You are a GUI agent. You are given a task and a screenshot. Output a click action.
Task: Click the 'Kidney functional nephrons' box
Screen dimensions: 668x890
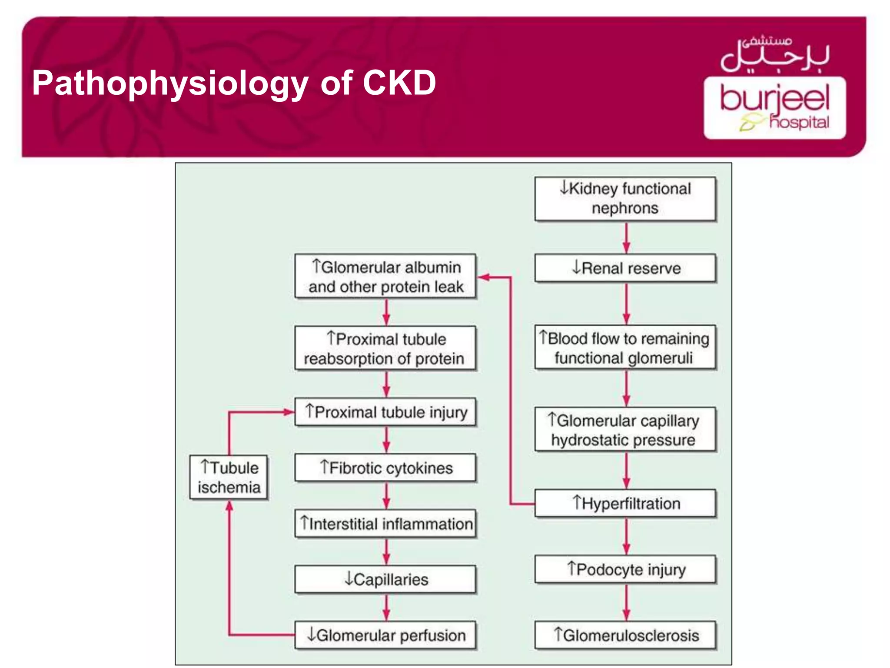coord(625,199)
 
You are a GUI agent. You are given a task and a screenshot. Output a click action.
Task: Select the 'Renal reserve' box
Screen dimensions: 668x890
coord(625,268)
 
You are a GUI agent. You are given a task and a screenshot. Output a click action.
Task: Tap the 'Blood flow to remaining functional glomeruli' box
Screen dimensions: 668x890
coord(625,347)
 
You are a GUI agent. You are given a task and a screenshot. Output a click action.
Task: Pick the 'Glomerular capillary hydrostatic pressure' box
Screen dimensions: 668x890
coord(625,430)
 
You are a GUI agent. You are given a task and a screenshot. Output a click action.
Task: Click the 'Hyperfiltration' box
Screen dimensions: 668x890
coord(625,503)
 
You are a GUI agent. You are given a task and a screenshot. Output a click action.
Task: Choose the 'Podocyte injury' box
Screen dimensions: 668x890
coord(625,569)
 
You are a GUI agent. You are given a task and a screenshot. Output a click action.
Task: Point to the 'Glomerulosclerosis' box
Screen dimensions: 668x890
coord(625,635)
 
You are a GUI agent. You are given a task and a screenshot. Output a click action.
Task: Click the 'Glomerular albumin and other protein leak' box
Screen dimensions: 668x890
coord(385,277)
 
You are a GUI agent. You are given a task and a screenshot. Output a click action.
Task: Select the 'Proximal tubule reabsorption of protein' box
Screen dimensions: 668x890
coord(385,348)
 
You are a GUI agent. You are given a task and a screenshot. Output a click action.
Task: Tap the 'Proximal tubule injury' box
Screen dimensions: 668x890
coord(385,411)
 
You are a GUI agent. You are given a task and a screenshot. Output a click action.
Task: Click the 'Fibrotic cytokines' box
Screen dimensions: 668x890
coord(385,468)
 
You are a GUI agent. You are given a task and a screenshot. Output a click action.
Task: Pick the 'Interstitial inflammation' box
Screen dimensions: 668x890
coord(385,524)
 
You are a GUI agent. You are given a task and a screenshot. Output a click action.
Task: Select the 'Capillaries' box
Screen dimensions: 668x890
coord(385,579)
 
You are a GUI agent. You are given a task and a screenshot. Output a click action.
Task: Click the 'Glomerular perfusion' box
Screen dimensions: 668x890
coord(385,635)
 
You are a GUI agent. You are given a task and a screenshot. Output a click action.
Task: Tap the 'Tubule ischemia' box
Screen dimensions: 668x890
coord(229,478)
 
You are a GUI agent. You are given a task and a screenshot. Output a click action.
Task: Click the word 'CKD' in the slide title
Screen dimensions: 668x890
coord(399,83)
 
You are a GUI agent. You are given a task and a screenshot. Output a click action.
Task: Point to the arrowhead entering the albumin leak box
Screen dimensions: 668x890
coord(483,277)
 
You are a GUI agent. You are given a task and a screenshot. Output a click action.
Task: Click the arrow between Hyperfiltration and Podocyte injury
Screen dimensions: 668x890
coord(626,536)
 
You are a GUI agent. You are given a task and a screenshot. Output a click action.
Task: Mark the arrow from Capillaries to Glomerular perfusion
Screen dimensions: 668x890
coord(386,607)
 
